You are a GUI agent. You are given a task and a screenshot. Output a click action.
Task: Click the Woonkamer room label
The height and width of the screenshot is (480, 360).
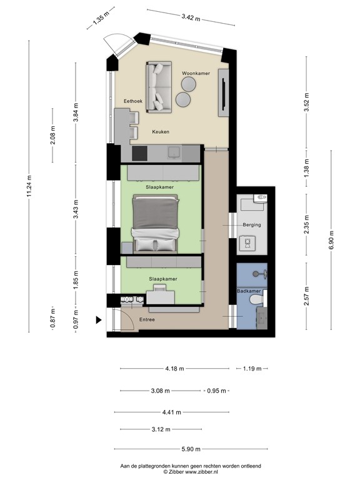click(x=196, y=74)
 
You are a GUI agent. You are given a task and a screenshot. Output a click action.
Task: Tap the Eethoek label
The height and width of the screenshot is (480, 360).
click(x=133, y=101)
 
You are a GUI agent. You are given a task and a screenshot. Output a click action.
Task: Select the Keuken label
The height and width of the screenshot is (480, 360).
click(x=161, y=132)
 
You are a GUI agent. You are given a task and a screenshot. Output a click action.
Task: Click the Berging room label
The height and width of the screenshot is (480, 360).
click(x=252, y=225)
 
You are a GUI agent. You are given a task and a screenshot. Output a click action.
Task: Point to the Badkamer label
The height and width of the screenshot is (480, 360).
click(x=249, y=291)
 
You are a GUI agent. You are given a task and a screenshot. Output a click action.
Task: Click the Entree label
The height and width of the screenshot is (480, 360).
click(x=147, y=319)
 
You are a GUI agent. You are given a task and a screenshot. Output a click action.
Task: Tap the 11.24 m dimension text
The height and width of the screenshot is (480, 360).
click(x=29, y=186)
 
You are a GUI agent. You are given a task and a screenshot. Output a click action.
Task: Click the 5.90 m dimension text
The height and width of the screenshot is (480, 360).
click(x=191, y=449)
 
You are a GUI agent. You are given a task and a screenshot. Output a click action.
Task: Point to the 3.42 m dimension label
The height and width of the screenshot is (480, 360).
click(x=191, y=17)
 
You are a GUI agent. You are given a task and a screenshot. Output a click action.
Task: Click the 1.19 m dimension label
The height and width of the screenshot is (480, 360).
click(x=252, y=369)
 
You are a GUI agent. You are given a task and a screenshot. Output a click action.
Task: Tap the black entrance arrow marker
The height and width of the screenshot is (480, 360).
click(x=99, y=320)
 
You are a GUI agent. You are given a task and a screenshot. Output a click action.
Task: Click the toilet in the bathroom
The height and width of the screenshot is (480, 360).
click(x=256, y=300)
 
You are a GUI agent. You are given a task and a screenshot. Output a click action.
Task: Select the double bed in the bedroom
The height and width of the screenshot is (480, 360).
click(x=156, y=225)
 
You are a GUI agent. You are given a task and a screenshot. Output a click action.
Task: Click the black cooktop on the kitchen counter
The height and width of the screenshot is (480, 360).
click(x=139, y=153)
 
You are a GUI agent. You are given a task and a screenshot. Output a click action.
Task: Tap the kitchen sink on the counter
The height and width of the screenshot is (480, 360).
click(x=174, y=152)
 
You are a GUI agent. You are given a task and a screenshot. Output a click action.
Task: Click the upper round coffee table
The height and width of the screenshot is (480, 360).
click(x=188, y=84)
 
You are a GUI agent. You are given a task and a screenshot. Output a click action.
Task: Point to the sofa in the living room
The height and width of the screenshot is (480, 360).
click(x=159, y=87)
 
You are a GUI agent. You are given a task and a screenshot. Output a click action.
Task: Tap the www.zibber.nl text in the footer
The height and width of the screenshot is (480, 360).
click(x=201, y=472)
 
